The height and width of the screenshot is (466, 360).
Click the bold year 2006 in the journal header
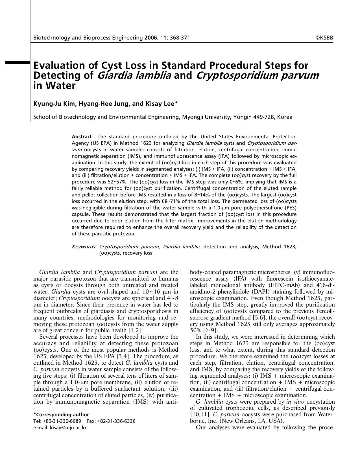[151, 38]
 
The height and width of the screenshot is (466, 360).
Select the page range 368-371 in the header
[180, 38]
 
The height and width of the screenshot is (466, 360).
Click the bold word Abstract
[82, 137]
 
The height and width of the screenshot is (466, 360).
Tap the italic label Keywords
[83, 247]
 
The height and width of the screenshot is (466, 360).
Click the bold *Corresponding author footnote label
[61, 415]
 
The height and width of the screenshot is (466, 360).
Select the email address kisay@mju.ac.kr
[68, 428]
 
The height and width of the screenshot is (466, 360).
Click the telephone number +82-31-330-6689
[62, 421]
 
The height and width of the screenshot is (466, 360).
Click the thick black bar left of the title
[18, 63]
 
